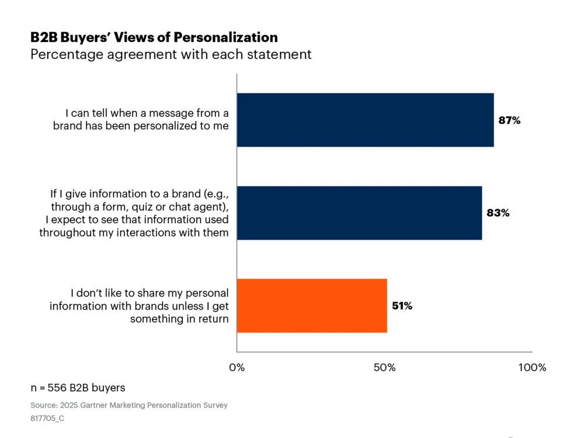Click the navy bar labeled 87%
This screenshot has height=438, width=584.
[365, 120]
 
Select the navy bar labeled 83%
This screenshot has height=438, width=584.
[359, 213]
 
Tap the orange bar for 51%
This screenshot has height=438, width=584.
[312, 305]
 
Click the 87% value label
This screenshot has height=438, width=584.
[509, 121]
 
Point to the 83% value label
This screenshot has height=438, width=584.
[498, 213]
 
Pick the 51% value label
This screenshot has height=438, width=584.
[402, 306]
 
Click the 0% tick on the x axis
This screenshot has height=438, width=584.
[237, 367]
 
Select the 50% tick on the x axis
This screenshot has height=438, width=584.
[384, 367]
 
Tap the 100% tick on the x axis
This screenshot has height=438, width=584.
[532, 367]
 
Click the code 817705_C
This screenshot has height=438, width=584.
[48, 419]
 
